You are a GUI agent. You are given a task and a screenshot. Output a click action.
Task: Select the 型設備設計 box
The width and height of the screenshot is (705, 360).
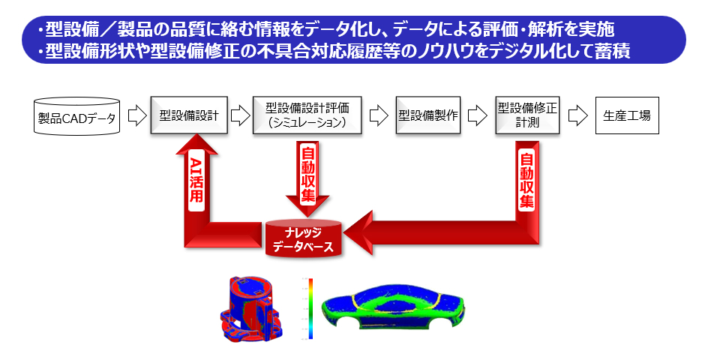click(x=189, y=115)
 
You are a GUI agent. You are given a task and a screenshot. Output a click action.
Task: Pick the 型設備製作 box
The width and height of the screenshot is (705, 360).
click(x=428, y=115)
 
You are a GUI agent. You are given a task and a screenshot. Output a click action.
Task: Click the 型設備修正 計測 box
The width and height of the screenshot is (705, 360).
click(x=528, y=115)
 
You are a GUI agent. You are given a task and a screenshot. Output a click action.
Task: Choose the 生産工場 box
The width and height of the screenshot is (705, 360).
click(x=627, y=116)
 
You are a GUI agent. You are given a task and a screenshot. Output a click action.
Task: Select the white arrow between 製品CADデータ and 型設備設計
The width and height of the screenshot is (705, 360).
click(x=136, y=116)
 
